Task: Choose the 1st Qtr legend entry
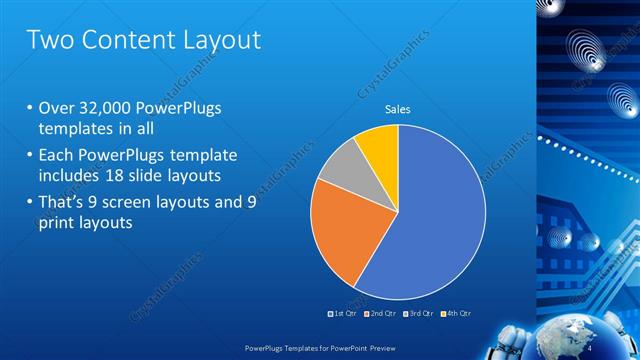pos(343,314)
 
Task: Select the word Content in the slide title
pos(123,41)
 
